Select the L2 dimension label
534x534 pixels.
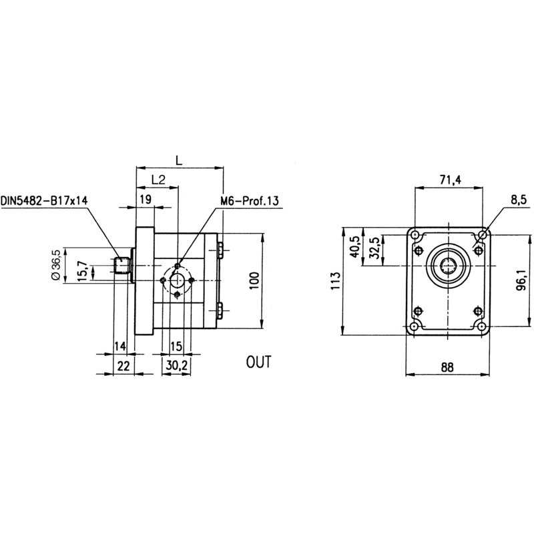pyautogui.click(x=158, y=180)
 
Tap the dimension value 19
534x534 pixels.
pyautogui.click(x=145, y=199)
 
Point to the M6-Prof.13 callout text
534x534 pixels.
pyautogui.click(x=248, y=200)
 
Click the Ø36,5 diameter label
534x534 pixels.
pyautogui.click(x=56, y=266)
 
